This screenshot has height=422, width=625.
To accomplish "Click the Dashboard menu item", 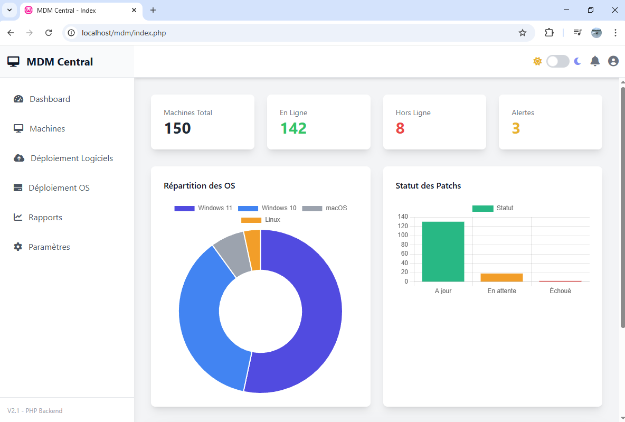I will (50, 99).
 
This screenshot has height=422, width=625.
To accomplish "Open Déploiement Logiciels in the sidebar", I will (71, 158).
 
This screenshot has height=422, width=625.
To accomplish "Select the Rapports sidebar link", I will (45, 218).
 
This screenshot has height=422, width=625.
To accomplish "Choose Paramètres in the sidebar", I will (49, 247).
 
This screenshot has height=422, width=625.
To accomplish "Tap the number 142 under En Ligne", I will (293, 128).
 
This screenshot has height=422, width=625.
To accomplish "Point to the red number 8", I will (400, 128).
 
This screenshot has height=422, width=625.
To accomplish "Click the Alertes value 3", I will (516, 128).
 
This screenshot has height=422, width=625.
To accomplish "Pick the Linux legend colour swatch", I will (251, 220).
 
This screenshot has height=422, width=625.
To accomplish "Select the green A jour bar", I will (443, 251).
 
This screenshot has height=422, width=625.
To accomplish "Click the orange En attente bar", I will (501, 277).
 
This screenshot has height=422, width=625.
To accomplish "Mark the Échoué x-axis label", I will (560, 291).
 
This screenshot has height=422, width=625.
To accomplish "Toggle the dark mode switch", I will (557, 61).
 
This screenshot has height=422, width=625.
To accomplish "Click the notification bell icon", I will (595, 61).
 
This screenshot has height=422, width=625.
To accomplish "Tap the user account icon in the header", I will (613, 61).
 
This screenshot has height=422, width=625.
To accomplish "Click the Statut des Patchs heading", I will (428, 186).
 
